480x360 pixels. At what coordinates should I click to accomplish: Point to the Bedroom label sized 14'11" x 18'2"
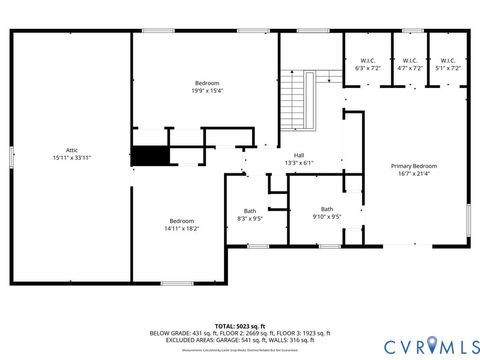click(x=181, y=220)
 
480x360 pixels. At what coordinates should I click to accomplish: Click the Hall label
click(x=299, y=155)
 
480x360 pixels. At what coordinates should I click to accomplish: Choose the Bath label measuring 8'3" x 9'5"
click(x=249, y=210)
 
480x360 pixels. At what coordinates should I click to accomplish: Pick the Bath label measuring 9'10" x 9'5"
click(x=327, y=208)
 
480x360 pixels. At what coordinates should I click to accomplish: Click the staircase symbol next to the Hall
click(x=294, y=95)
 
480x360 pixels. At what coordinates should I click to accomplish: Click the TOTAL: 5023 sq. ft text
click(x=240, y=326)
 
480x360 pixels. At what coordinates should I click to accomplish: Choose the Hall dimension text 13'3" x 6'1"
click(x=299, y=162)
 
